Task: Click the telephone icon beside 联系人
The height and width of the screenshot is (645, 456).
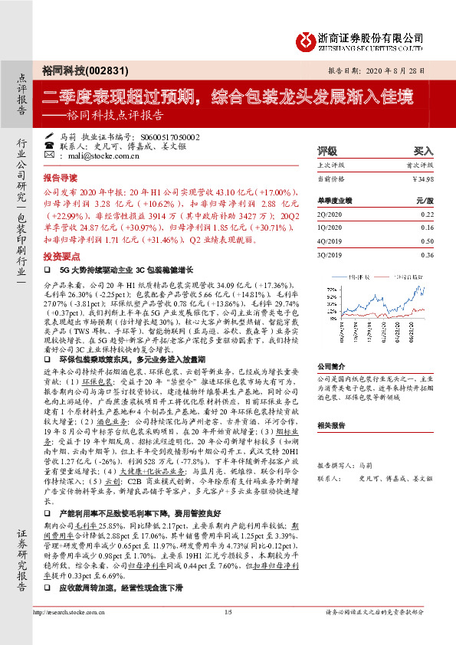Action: (x=49, y=146)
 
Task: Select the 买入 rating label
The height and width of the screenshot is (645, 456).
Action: (x=423, y=151)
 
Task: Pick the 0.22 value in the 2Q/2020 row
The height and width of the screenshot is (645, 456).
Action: (x=426, y=215)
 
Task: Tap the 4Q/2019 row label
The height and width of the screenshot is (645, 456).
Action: (x=330, y=240)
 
